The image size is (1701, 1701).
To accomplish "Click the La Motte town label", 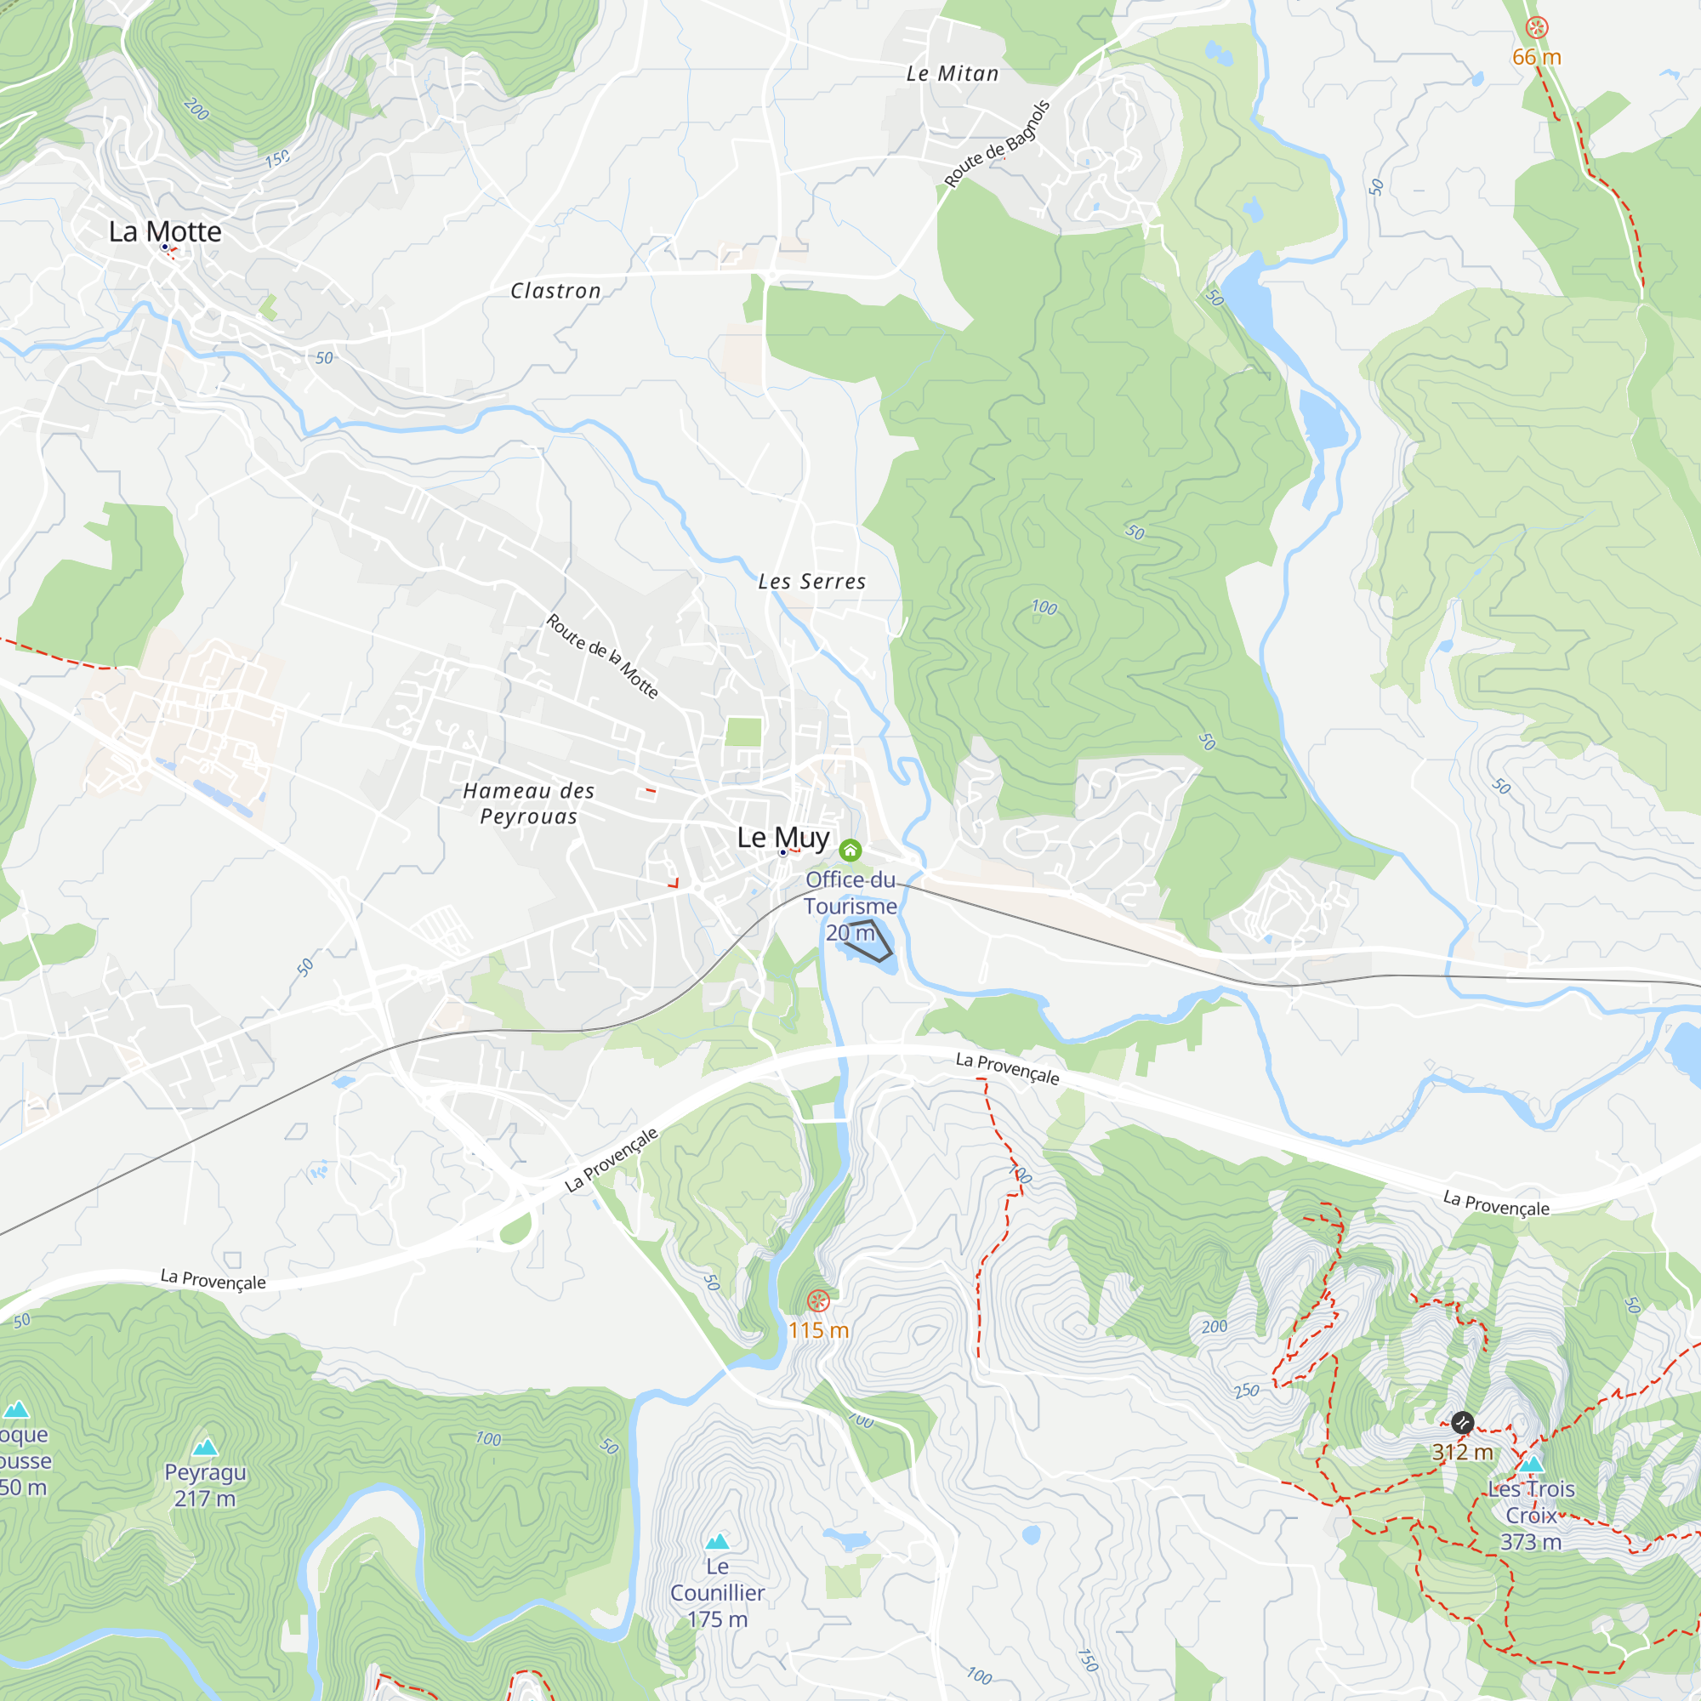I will pyautogui.click(x=165, y=231).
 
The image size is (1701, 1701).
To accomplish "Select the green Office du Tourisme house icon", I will pyautogui.click(x=850, y=850).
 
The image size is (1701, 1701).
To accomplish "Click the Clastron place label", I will pyautogui.click(x=555, y=291).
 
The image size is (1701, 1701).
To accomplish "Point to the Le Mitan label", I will pyautogui.click(x=953, y=74).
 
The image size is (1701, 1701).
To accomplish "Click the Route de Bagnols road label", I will pyautogui.click(x=997, y=144).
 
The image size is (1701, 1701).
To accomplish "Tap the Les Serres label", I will pyautogui.click(x=811, y=581).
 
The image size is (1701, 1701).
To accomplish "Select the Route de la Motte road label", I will pyautogui.click(x=602, y=656).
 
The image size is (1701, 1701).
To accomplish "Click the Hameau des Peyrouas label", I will pyautogui.click(x=528, y=803).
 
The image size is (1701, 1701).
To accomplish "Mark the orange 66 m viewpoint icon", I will pyautogui.click(x=1536, y=28).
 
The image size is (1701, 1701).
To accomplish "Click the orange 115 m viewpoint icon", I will pyautogui.click(x=818, y=1300).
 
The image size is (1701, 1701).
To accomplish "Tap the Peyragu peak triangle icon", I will pyautogui.click(x=205, y=1447).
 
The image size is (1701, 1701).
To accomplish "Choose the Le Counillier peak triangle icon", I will pyautogui.click(x=718, y=1541).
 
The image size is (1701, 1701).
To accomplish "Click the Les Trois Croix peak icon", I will pyautogui.click(x=1531, y=1465).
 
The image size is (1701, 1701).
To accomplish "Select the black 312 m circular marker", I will pyautogui.click(x=1462, y=1422).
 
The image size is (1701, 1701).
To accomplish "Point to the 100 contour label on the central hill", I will pyautogui.click(x=1044, y=606).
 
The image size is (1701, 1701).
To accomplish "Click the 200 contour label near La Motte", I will pyautogui.click(x=196, y=109).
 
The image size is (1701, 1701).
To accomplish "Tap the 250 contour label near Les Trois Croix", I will pyautogui.click(x=1246, y=1391).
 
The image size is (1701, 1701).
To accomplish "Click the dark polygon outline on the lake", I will pyautogui.click(x=869, y=940).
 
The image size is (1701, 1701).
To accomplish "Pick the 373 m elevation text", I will pyautogui.click(x=1531, y=1542).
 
